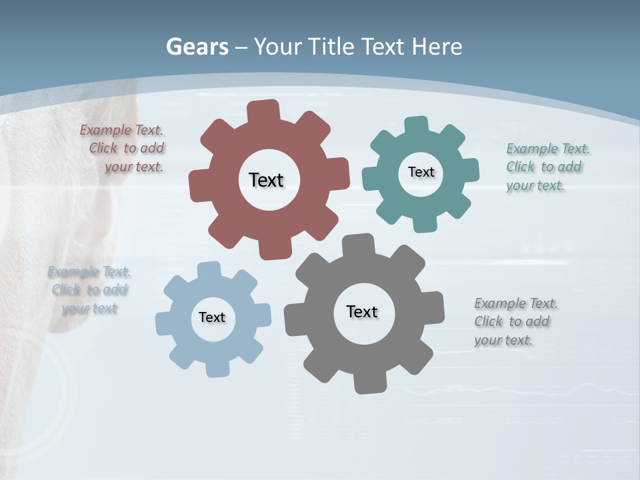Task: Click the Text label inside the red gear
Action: pos(266,180)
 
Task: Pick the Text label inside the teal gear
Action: pos(421,172)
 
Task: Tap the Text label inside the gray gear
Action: pos(362,311)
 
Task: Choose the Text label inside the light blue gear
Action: pos(212,317)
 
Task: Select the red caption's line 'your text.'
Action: pos(134,167)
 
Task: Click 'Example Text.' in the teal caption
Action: pos(548,149)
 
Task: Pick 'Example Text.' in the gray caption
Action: pos(516,303)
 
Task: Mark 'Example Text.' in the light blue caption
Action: pos(89,271)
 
